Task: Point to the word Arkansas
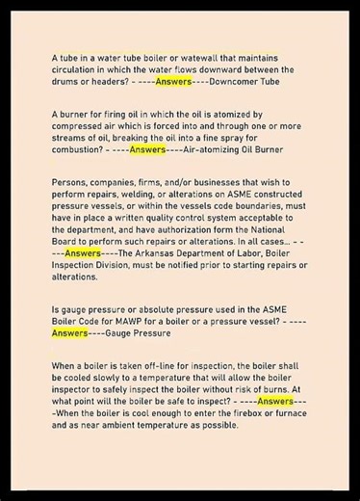pyautogui.click(x=155, y=252)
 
